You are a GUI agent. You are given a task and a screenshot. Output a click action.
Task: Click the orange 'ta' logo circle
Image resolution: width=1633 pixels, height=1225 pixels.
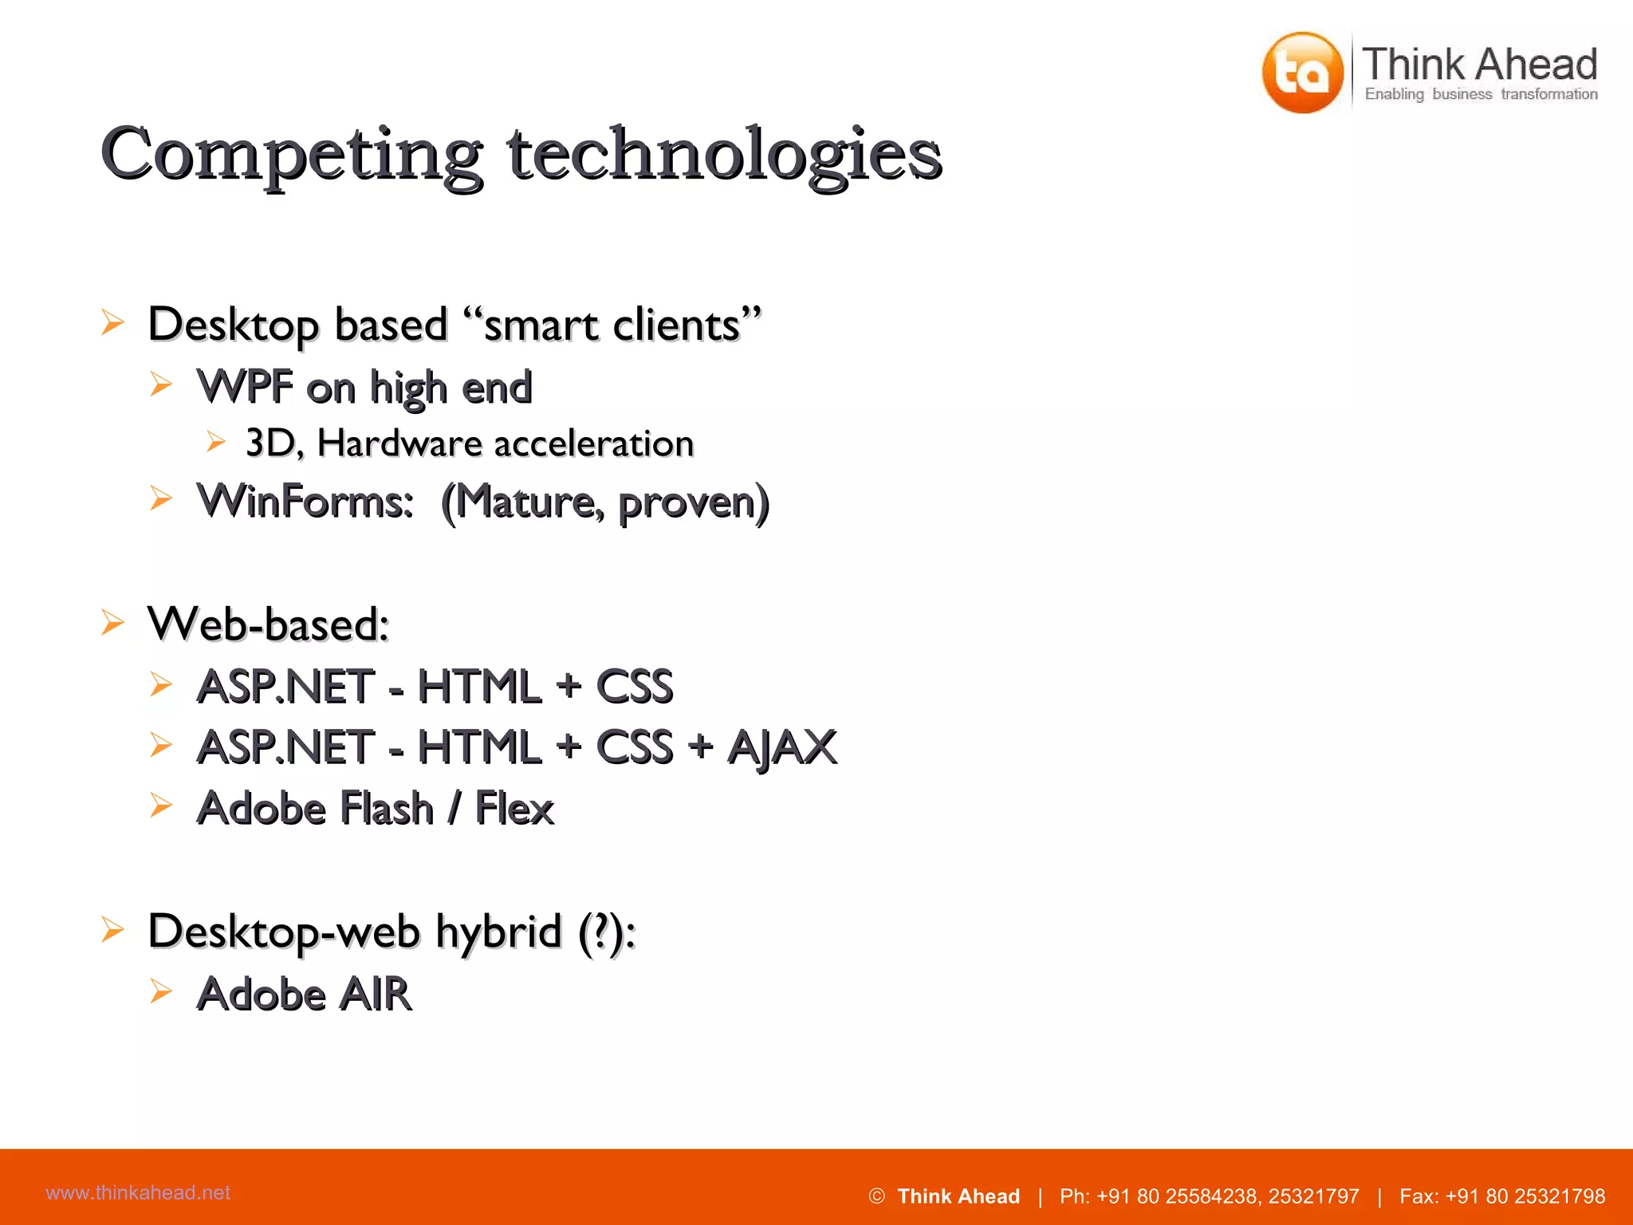coord(1302,73)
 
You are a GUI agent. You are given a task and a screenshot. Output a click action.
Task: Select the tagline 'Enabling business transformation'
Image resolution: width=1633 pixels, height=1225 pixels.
coord(1481,95)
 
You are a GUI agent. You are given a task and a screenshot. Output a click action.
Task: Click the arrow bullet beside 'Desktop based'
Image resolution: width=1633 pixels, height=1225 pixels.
coord(112,323)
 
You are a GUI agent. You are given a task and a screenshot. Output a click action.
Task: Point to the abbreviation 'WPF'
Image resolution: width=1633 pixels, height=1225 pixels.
coord(245,388)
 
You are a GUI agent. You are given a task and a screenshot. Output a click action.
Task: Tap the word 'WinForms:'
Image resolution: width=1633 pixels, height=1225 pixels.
coord(305,502)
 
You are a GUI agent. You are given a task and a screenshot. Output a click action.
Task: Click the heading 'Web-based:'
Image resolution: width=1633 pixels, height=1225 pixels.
coord(268,624)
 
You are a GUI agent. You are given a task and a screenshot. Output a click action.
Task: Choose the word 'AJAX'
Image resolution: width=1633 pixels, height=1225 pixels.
coord(782,748)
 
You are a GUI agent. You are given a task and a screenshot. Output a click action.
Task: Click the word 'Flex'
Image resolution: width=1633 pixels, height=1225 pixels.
coord(514,809)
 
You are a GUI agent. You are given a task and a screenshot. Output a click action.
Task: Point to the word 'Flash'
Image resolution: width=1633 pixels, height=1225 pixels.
coord(387,809)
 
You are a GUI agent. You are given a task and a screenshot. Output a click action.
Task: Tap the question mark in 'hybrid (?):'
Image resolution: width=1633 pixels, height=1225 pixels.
coord(596,932)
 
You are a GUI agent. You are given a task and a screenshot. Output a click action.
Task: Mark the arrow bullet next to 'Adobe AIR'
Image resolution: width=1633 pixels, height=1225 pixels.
coord(161,991)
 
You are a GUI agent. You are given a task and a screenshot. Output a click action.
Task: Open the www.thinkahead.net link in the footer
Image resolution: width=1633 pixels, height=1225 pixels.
coord(138,1193)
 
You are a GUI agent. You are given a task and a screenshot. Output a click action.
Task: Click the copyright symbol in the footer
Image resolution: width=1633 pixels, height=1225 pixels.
coord(876,1196)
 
